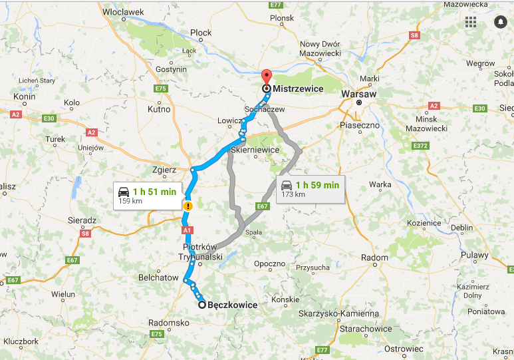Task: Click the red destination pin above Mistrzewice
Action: [266, 77]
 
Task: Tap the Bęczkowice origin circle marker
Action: [202, 305]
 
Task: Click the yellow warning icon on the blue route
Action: [188, 206]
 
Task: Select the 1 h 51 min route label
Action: [148, 195]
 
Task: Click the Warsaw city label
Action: [358, 94]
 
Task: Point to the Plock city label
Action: [200, 32]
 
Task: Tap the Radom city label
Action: [374, 258]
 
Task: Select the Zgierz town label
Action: [164, 170]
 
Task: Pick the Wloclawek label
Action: [123, 11]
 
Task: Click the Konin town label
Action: [24, 96]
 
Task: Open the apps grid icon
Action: [471, 22]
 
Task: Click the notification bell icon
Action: [499, 22]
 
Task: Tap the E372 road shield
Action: [420, 145]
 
